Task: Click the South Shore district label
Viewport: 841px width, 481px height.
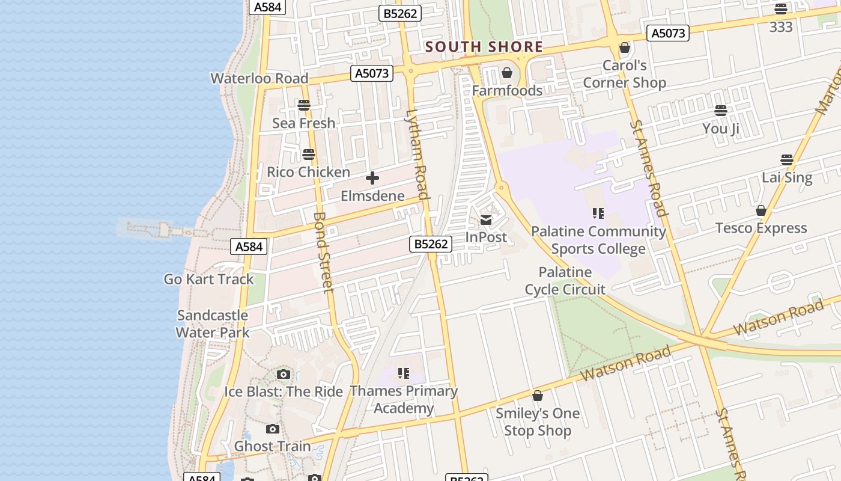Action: tap(484, 47)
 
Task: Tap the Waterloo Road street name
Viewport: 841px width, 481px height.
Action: tap(259, 78)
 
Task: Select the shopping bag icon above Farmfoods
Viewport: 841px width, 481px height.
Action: tap(507, 73)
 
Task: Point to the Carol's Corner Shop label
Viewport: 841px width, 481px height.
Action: tap(624, 74)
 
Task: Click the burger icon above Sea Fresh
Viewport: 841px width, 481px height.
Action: tap(304, 105)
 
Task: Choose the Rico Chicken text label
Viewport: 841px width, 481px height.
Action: tap(308, 172)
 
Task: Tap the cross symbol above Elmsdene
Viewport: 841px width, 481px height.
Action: tap(372, 178)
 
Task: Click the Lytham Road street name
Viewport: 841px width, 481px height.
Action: tap(417, 154)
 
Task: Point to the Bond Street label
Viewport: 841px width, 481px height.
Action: tap(323, 252)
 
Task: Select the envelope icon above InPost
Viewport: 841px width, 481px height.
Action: tap(486, 219)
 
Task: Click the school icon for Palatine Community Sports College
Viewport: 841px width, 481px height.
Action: tap(598, 213)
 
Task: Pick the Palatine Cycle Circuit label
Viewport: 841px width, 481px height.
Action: tap(565, 281)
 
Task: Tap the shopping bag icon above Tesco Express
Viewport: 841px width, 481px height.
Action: tap(761, 210)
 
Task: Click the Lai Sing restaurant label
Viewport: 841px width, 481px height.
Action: tap(786, 177)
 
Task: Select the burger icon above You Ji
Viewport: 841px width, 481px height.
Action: tap(721, 111)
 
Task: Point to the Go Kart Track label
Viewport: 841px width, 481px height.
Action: tap(208, 279)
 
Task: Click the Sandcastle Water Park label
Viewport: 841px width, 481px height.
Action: tap(212, 323)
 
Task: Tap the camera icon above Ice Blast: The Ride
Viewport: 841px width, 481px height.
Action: tap(284, 375)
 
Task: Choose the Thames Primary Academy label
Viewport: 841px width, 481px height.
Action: tap(404, 399)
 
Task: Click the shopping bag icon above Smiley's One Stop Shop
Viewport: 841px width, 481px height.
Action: tap(538, 396)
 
